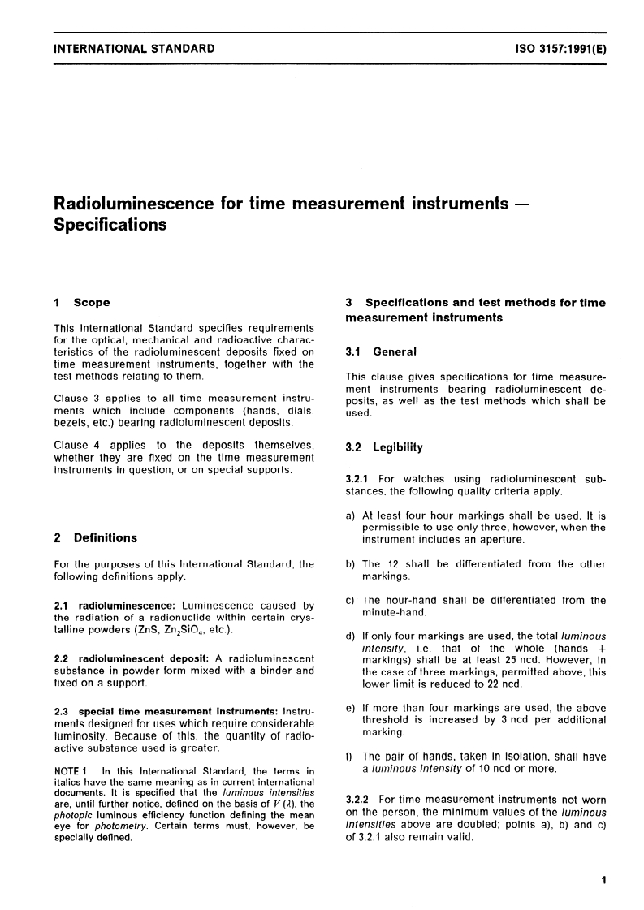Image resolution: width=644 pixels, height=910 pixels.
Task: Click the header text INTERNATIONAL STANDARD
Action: [x=133, y=49]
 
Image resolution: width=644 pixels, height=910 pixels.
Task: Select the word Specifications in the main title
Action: [x=110, y=224]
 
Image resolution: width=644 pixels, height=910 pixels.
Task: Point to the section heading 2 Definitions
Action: [x=94, y=537]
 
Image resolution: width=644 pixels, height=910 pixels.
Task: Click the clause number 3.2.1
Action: [x=358, y=478]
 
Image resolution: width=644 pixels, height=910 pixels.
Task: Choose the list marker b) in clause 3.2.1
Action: [x=351, y=564]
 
